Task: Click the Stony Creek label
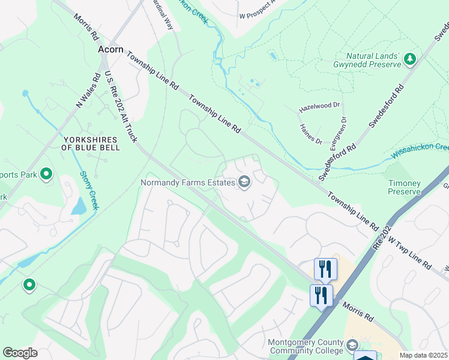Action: click(x=88, y=191)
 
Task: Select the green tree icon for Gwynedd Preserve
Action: click(x=410, y=59)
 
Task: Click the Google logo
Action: click(x=20, y=353)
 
